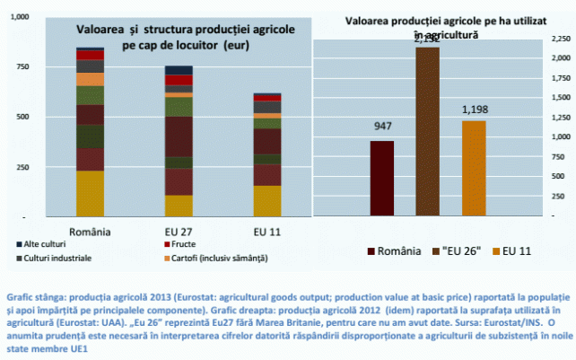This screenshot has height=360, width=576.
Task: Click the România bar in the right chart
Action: [382, 179]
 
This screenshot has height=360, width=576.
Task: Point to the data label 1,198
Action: [473, 110]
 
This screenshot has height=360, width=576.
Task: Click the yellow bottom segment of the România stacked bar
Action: [90, 194]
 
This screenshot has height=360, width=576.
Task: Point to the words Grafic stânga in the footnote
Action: [33, 294]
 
